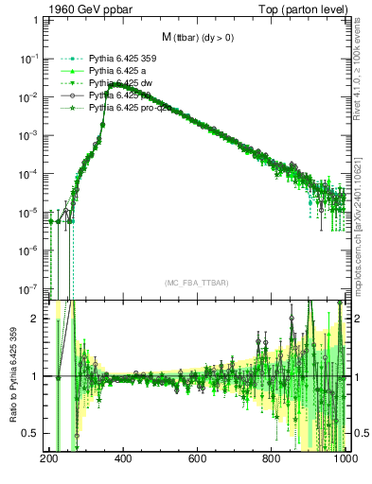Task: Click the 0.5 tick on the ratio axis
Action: click(31, 433)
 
